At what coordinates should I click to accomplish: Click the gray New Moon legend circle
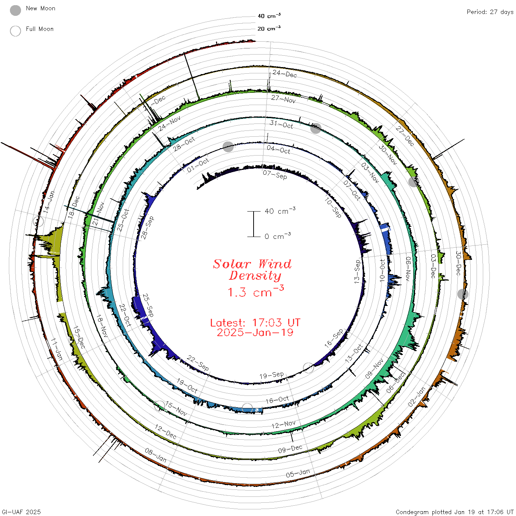pyautogui.click(x=15, y=10)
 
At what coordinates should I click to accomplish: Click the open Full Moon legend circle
pyautogui.click(x=15, y=31)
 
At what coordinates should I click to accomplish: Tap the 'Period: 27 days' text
pyautogui.click(x=490, y=12)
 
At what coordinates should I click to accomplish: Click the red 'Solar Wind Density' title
pyautogui.click(x=252, y=270)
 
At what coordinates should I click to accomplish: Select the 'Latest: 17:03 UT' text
pyautogui.click(x=255, y=322)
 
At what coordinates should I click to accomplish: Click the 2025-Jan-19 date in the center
pyautogui.click(x=255, y=332)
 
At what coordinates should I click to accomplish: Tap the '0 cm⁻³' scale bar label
pyautogui.click(x=278, y=236)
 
